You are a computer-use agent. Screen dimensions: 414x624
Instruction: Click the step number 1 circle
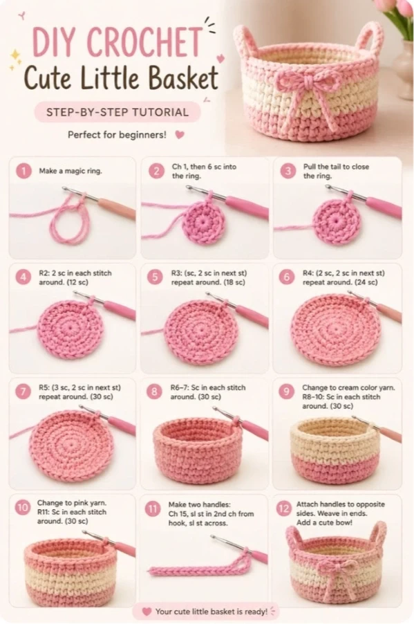pos(24,171)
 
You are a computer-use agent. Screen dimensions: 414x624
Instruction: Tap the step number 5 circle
pos(155,277)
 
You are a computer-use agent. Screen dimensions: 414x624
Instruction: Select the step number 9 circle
pos(286,392)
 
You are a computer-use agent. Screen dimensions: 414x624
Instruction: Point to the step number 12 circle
pos(283,508)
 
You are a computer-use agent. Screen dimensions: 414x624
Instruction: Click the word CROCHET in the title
pos(144,42)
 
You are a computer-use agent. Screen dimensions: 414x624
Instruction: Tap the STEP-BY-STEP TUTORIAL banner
pos(117,112)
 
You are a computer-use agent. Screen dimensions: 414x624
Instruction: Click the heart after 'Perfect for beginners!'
pos(180,135)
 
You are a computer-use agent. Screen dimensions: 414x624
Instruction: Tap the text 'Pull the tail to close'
pos(336,167)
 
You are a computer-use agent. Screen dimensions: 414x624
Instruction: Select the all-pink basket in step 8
pos(198,449)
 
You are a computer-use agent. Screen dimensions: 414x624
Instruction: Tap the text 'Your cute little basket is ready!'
pos(211,612)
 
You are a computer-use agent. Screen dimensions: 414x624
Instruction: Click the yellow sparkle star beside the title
pos(15,57)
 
